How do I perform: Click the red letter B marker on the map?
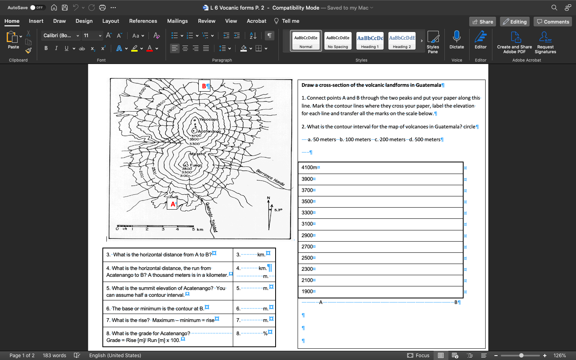pos(204,86)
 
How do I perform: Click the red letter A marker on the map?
pos(172,204)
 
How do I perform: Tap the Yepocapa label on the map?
pos(208,119)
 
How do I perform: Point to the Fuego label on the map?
pos(196,165)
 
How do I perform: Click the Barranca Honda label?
pos(270,178)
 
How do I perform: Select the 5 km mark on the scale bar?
pos(194,229)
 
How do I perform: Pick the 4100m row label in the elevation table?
pos(309,168)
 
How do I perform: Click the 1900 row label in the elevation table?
pos(307,292)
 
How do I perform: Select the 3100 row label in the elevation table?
pos(307,224)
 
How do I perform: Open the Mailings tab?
pos(177,21)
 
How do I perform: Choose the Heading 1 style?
pos(370,41)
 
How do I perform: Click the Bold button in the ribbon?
pos(46,48)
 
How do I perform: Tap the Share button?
pos(482,22)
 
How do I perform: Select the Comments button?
pos(552,22)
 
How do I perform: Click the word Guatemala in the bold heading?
pos(428,85)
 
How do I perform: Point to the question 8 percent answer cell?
pos(254,333)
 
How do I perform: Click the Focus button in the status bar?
pos(418,355)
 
